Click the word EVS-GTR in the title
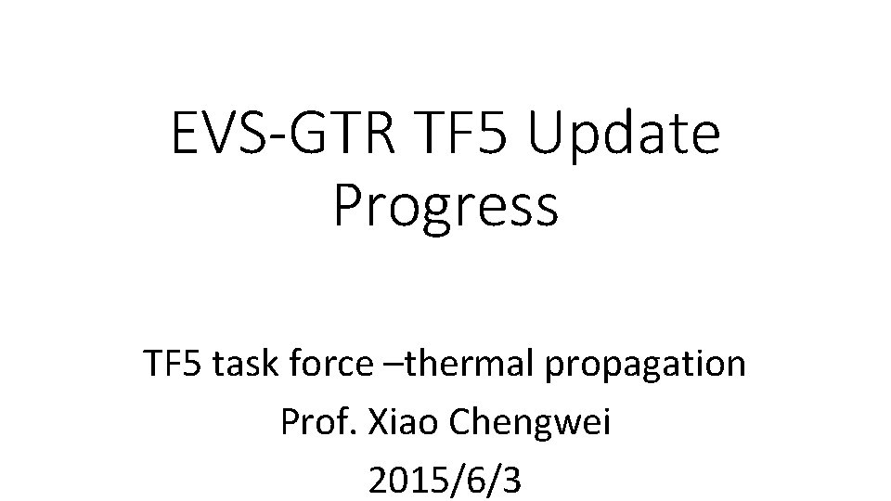(279, 134)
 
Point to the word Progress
(445, 206)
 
